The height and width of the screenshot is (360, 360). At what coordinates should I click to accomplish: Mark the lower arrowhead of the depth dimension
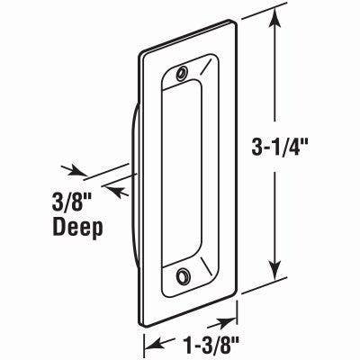tap(114, 187)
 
